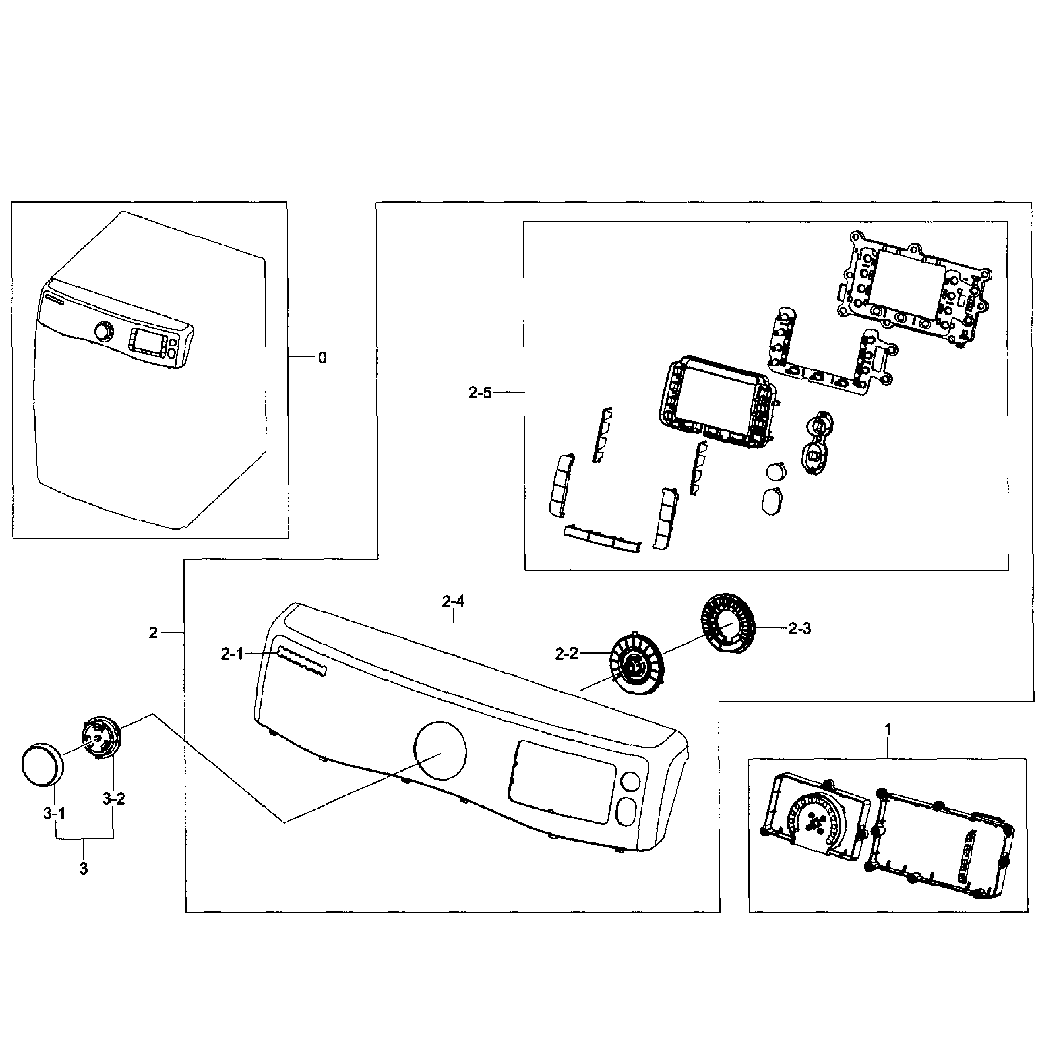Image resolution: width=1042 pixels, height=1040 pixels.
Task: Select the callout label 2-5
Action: click(480, 393)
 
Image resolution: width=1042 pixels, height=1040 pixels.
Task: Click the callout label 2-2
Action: click(566, 654)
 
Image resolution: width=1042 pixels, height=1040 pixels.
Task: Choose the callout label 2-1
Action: click(232, 654)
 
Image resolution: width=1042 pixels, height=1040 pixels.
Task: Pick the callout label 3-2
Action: click(113, 798)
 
